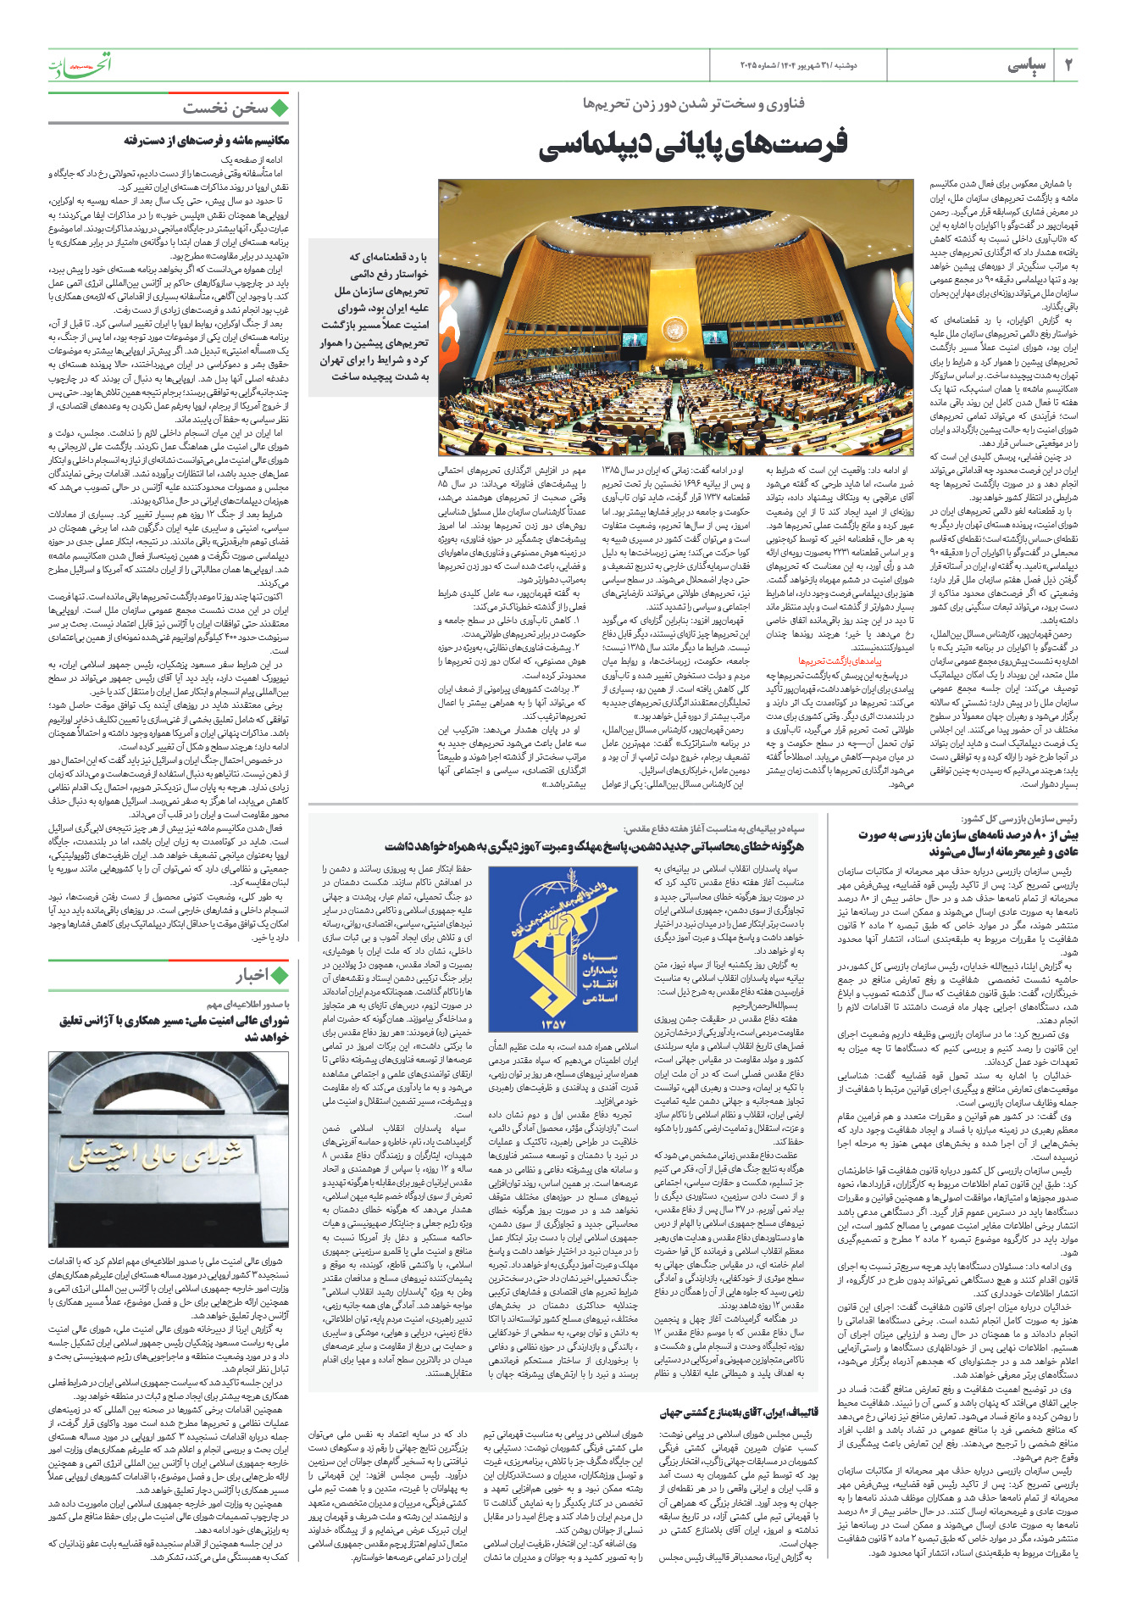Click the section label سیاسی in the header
[1027, 66]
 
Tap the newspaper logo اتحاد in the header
[80, 64]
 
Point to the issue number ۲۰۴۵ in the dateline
[752, 66]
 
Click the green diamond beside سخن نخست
[279, 109]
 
